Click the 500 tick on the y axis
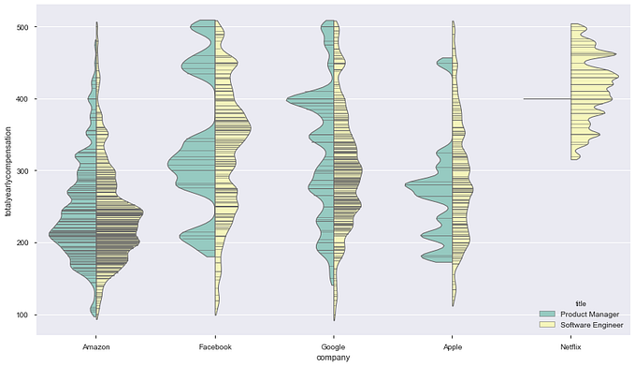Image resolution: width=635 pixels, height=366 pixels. [x=20, y=27]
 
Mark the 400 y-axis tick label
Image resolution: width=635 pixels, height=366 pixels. [x=20, y=99]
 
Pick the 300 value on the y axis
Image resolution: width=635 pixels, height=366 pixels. [x=20, y=171]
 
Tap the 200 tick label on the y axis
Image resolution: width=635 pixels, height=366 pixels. [x=20, y=243]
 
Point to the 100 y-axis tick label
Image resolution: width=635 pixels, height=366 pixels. [x=20, y=315]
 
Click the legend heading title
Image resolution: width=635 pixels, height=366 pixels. [x=581, y=301]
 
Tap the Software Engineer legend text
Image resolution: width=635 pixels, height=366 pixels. [x=595, y=323]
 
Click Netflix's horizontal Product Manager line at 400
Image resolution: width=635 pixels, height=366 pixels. [x=547, y=98]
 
